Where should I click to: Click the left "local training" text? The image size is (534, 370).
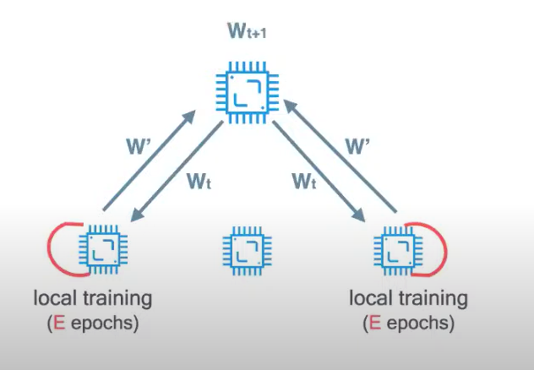point(94,298)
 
